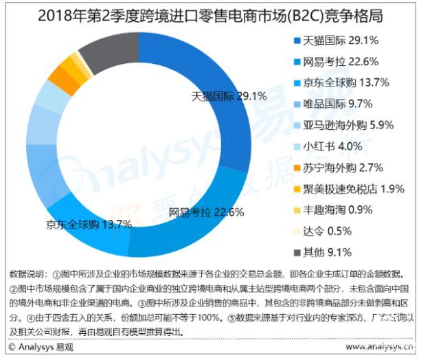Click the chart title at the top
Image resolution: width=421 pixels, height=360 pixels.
[x=210, y=13]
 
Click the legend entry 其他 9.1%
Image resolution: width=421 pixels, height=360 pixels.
[x=332, y=251]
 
